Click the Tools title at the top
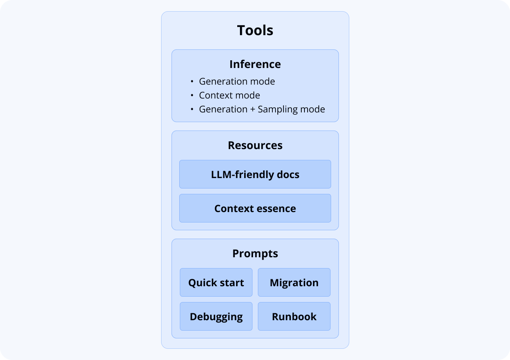point(255,31)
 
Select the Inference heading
point(255,64)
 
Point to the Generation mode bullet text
point(237,82)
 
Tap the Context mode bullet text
point(229,95)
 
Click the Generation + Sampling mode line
point(262,109)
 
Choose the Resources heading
point(255,145)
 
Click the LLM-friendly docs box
point(255,174)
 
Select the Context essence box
point(255,208)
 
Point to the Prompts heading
point(255,253)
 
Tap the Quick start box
point(216,282)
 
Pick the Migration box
point(294,282)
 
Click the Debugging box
point(216,316)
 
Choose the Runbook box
point(294,316)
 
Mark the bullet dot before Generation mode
point(192,82)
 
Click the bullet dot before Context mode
point(192,95)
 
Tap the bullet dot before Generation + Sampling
point(192,109)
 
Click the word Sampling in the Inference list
point(276,109)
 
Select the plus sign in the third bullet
point(253,109)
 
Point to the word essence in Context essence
point(277,209)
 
